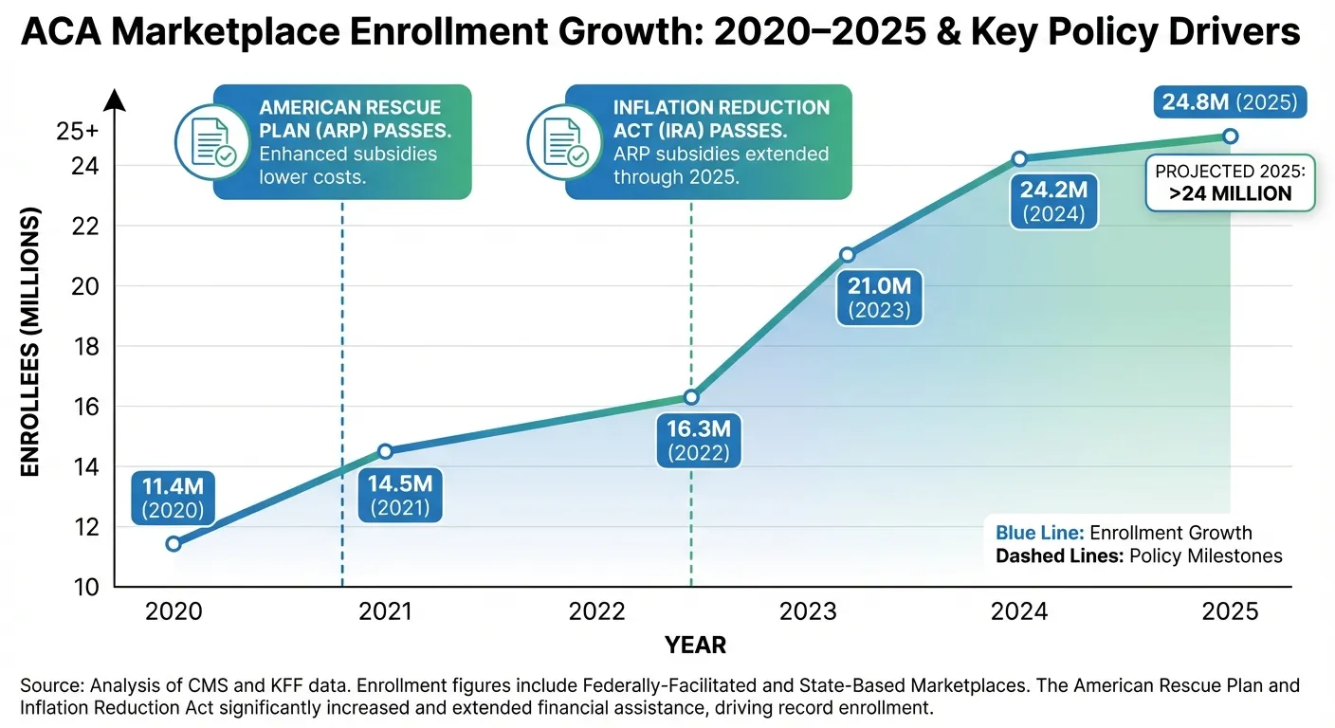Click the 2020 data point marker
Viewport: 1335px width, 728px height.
(x=174, y=543)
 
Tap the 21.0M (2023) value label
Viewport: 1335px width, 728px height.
(x=878, y=297)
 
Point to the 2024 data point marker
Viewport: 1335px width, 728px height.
(x=1019, y=158)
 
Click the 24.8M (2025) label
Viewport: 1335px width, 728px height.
(x=1229, y=101)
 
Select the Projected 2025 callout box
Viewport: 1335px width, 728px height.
(x=1230, y=182)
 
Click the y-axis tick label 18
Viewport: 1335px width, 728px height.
(x=85, y=347)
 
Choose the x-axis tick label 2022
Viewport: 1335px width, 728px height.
(x=597, y=611)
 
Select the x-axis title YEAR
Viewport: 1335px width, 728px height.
(x=695, y=646)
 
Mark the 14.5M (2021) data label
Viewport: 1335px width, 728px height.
(x=401, y=495)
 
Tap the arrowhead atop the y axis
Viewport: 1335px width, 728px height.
(x=115, y=98)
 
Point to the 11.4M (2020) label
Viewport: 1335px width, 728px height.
(x=174, y=498)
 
